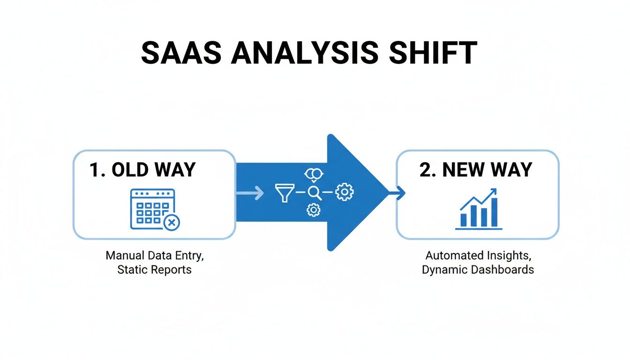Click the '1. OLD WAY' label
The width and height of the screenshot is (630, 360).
coord(142,170)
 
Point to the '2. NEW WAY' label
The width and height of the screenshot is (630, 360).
coord(476,170)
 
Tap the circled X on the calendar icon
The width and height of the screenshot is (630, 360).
coord(172,223)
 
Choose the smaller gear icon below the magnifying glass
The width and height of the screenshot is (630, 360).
coord(313,210)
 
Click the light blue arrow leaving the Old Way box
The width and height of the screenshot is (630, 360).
coord(251,193)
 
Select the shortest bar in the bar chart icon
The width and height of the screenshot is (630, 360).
coord(464,219)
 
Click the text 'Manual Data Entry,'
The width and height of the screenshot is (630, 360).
coord(155,256)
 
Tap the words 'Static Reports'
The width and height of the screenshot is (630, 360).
coord(155,270)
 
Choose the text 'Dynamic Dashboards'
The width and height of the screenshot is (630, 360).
coord(478,270)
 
